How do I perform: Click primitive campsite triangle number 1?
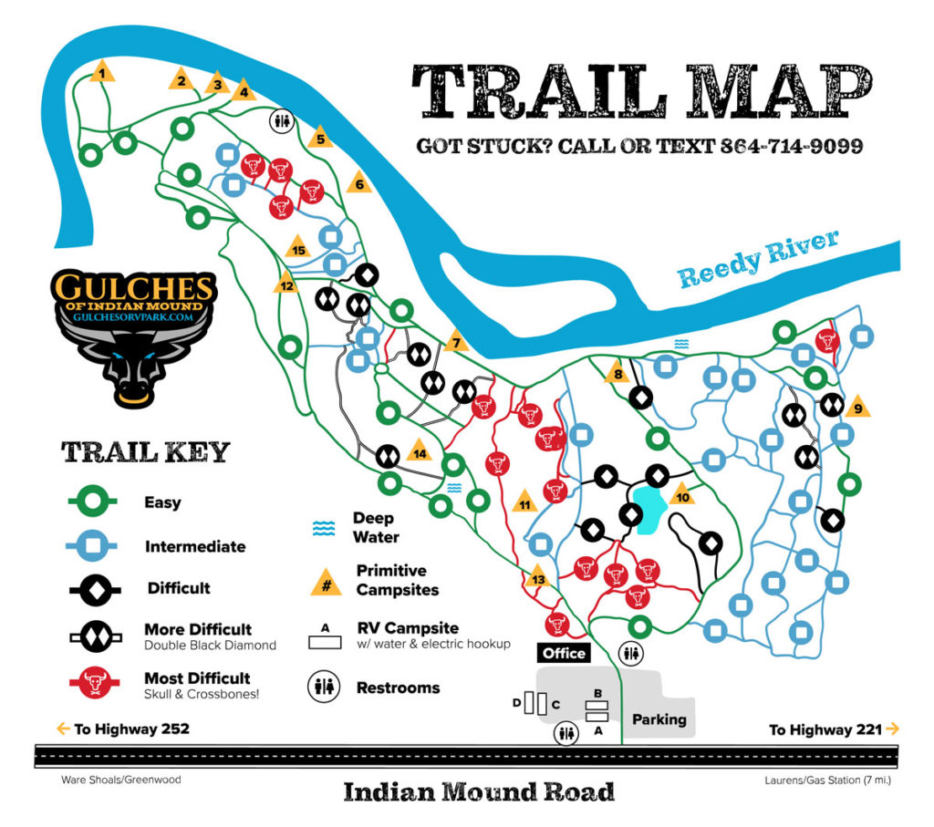click(102, 73)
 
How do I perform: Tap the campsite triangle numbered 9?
click(856, 408)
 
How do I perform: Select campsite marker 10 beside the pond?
click(681, 496)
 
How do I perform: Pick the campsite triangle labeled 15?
click(297, 248)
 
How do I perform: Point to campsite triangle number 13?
click(537, 579)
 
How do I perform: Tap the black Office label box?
click(563, 653)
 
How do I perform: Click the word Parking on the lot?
click(659, 719)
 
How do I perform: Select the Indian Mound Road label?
click(479, 791)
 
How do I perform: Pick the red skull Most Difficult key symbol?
click(95, 680)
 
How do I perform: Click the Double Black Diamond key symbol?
click(95, 636)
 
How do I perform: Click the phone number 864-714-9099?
click(791, 146)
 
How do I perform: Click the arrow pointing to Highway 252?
click(63, 729)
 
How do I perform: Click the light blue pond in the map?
click(649, 511)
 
